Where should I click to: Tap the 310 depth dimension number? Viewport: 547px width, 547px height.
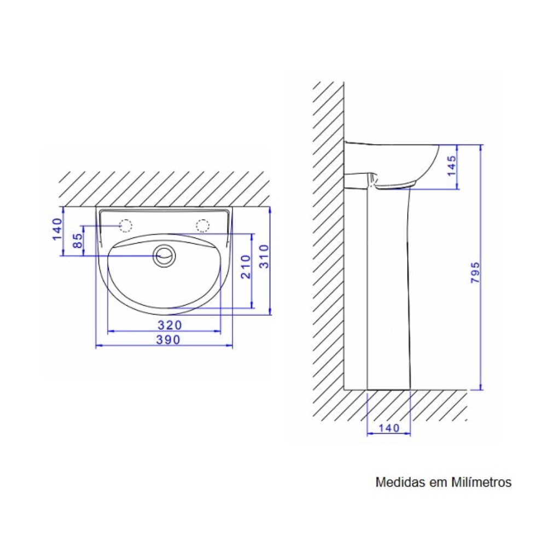(263, 256)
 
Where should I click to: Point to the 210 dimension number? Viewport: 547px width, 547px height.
(246, 266)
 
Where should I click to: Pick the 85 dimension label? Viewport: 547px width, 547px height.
(78, 241)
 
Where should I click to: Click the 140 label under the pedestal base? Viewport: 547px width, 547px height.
(389, 428)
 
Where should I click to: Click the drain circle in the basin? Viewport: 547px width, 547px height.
(164, 255)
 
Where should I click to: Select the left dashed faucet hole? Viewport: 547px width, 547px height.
(126, 225)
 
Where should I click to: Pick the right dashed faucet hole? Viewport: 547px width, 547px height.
(203, 225)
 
